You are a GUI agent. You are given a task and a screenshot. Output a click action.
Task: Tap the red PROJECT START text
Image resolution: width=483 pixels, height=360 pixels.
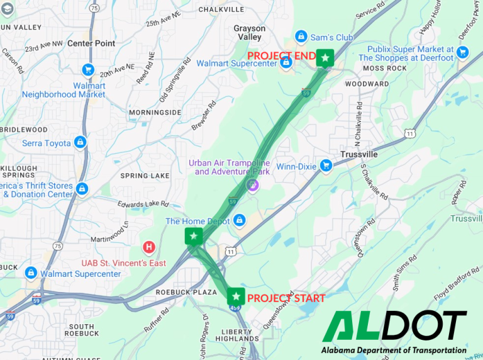pyautogui.click(x=286, y=298)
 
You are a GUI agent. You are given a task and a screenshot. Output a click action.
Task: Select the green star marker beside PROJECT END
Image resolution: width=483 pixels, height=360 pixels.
pyautogui.click(x=325, y=59)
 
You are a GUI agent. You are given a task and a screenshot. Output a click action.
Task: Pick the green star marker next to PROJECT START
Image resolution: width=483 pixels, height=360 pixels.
pyautogui.click(x=236, y=296)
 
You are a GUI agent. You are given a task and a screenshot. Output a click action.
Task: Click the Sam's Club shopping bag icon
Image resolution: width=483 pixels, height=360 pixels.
pyautogui.click(x=301, y=37)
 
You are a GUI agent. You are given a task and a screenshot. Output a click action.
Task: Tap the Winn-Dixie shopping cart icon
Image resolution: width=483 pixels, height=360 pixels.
pyautogui.click(x=326, y=166)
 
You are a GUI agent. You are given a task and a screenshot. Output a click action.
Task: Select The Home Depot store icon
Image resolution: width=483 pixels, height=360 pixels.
pyautogui.click(x=239, y=220)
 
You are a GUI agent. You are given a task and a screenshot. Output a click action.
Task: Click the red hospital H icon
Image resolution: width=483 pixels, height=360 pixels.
pyautogui.click(x=149, y=247)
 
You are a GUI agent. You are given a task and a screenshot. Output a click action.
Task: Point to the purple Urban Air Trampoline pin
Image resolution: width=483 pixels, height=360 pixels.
pyautogui.click(x=252, y=184)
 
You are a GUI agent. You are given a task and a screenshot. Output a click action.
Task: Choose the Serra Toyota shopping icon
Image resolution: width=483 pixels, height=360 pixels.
pyautogui.click(x=80, y=143)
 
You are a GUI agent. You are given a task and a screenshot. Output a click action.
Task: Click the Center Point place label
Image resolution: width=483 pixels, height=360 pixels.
pyautogui.click(x=91, y=43)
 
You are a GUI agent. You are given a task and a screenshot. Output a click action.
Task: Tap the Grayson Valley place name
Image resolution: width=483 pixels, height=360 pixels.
pyautogui.click(x=250, y=33)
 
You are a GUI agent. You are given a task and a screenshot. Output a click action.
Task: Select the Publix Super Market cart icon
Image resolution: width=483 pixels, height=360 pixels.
pyautogui.click(x=463, y=52)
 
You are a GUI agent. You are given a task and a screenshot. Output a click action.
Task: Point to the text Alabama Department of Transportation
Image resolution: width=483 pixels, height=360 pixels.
pyautogui.click(x=394, y=350)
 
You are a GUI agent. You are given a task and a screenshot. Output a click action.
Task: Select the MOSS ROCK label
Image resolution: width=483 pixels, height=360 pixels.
pyautogui.click(x=385, y=68)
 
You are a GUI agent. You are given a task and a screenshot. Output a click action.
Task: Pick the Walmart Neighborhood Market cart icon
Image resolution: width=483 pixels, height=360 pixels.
pyautogui.click(x=88, y=70)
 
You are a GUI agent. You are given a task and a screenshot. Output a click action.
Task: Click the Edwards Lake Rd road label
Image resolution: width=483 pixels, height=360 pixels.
pyautogui.click(x=143, y=203)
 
